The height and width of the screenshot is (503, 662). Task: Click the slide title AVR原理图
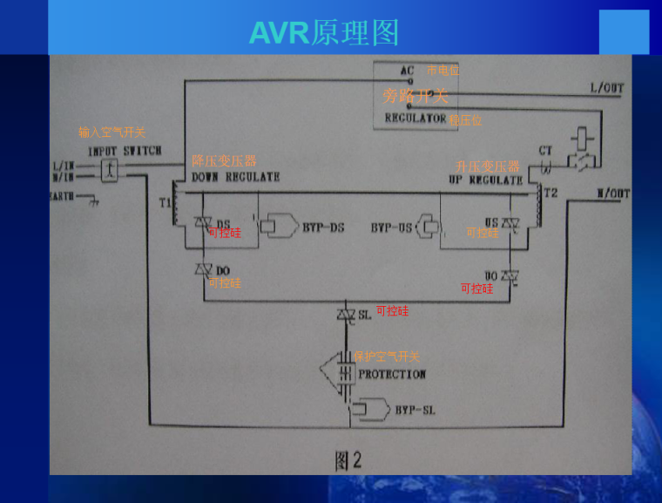[324, 32]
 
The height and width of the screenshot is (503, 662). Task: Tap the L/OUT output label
[607, 89]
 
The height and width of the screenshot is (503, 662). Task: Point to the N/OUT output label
[612, 194]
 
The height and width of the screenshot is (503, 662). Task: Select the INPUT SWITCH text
[125, 151]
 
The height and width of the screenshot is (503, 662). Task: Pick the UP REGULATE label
[485, 180]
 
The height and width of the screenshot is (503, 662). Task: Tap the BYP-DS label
[323, 228]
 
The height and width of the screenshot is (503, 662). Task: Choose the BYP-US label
[391, 228]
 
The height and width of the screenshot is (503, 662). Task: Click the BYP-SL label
[415, 409]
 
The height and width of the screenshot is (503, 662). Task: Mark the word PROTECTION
[392, 374]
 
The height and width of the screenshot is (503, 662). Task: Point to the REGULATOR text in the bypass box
[415, 118]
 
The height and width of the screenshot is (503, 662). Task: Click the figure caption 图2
[348, 461]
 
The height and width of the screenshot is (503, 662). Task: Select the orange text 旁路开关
[415, 95]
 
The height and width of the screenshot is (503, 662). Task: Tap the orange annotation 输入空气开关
[111, 133]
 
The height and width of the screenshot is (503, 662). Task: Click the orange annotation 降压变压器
[224, 161]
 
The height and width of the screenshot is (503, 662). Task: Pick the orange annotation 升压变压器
[487, 166]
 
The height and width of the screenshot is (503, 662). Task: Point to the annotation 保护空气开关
[386, 357]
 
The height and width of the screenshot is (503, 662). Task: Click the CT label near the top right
[545, 151]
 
